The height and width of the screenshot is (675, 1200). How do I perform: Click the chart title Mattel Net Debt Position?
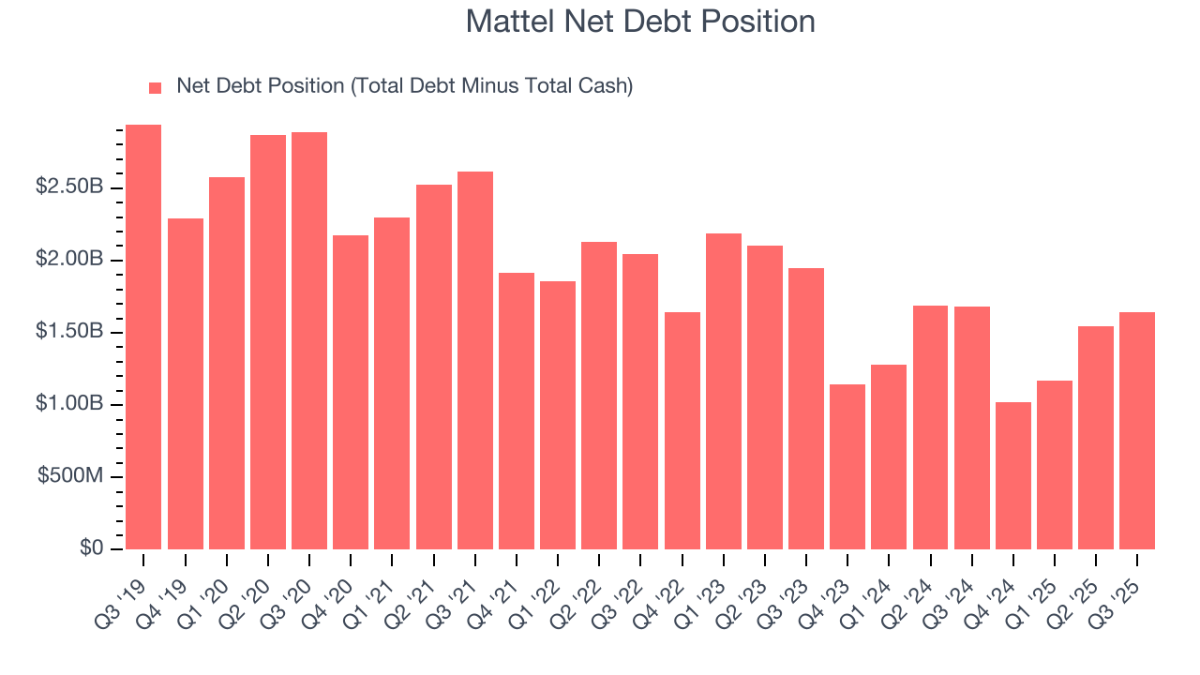coord(640,22)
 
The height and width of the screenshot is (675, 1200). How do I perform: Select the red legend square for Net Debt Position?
coord(156,87)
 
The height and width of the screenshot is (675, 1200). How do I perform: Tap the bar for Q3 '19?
coord(143,337)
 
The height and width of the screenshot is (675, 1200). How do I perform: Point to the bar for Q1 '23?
coord(724,391)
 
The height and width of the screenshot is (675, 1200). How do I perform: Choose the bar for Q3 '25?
coord(1137,430)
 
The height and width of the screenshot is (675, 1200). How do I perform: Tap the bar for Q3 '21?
coord(475,360)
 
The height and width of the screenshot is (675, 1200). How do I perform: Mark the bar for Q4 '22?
coord(682,430)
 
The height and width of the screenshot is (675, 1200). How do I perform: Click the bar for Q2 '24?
coord(930,427)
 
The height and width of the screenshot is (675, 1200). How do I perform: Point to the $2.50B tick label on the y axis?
coord(69,187)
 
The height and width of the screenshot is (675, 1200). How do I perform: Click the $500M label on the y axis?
coord(70,476)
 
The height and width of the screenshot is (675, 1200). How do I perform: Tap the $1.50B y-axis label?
coord(69,332)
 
